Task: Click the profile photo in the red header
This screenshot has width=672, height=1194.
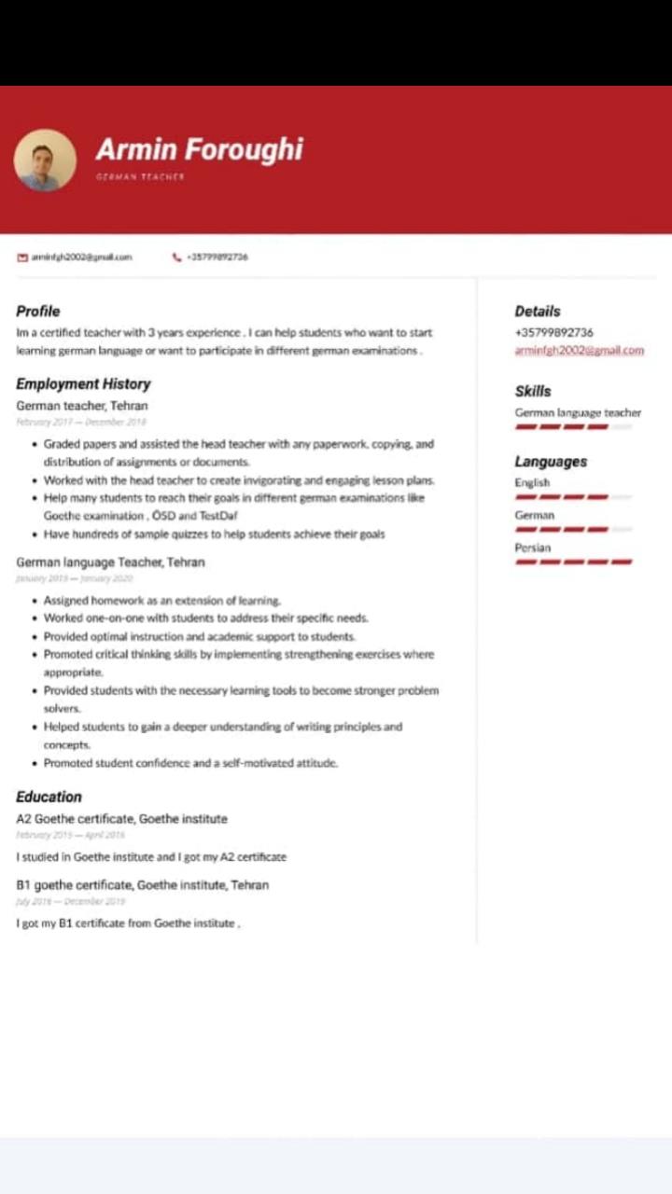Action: click(x=45, y=160)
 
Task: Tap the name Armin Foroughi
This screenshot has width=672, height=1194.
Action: click(x=199, y=149)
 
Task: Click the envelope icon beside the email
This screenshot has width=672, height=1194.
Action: click(x=22, y=257)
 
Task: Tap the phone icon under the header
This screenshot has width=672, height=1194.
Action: click(x=176, y=257)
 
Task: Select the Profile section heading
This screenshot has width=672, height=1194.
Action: click(x=38, y=312)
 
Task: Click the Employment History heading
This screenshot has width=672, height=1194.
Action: click(x=83, y=384)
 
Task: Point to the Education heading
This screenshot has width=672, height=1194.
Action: click(x=49, y=797)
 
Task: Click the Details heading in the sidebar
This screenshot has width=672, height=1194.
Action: click(x=538, y=312)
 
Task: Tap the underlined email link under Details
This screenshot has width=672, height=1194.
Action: click(x=579, y=351)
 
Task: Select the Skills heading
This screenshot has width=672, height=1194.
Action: click(x=533, y=392)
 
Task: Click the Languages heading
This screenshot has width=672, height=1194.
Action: click(x=551, y=462)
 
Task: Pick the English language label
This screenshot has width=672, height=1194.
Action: click(x=532, y=483)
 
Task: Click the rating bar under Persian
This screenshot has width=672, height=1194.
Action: click(x=573, y=562)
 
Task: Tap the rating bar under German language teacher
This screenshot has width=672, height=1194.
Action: click(x=563, y=427)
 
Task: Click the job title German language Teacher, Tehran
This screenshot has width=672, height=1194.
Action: click(x=110, y=562)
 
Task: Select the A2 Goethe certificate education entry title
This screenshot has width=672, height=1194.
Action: click(x=121, y=819)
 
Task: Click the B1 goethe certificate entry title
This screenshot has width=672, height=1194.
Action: click(x=142, y=885)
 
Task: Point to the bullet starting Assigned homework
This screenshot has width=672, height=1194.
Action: click(x=161, y=601)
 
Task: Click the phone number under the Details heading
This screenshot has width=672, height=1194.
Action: click(x=553, y=332)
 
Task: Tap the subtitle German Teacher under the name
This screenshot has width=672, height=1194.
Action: click(x=140, y=176)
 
